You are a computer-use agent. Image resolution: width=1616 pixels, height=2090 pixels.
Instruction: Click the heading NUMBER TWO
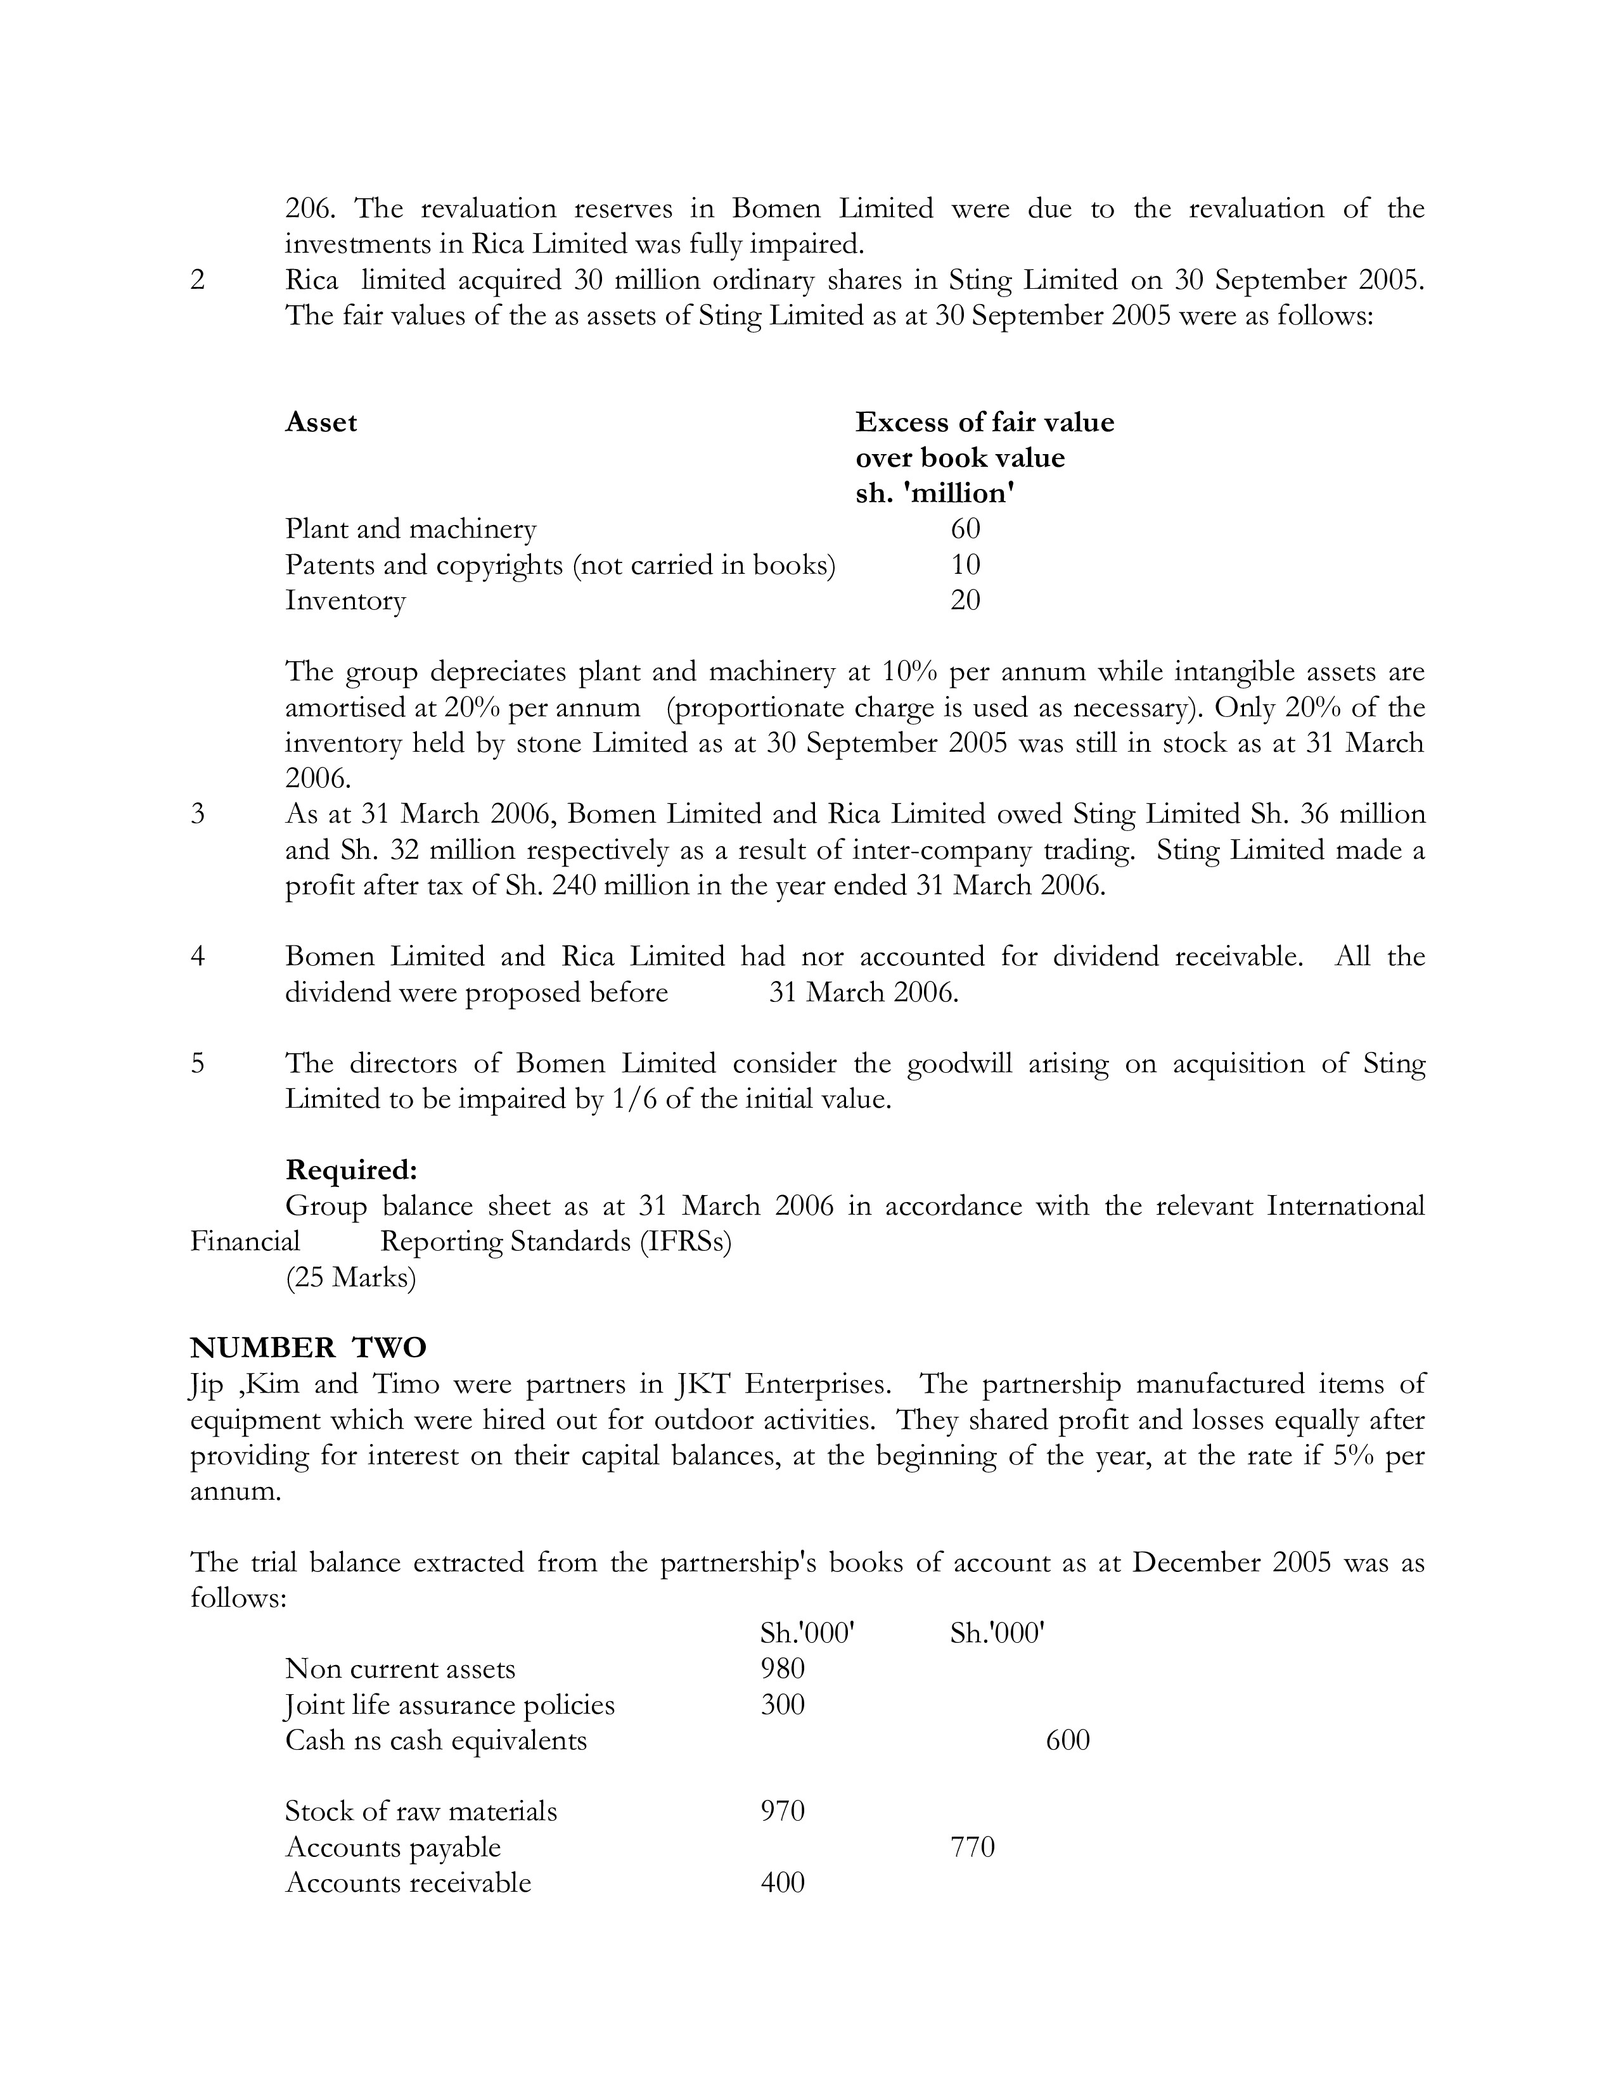click(308, 1347)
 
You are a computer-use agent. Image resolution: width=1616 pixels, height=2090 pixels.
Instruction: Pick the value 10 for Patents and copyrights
click(965, 564)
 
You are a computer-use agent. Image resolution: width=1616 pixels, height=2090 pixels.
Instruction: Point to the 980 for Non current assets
click(782, 1668)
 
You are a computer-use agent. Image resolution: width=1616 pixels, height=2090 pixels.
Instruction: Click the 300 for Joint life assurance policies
click(782, 1704)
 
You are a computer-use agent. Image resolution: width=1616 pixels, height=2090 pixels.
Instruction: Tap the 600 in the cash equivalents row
click(1067, 1740)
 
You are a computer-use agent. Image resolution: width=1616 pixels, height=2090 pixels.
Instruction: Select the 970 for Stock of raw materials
click(782, 1811)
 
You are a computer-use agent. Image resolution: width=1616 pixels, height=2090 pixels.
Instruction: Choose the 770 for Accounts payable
click(973, 1847)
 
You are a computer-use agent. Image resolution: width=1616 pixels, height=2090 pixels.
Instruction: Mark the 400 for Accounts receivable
click(782, 1882)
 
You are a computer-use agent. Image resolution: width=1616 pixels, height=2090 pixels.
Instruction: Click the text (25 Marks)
click(350, 1277)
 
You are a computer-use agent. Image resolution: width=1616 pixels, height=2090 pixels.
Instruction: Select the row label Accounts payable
click(392, 1847)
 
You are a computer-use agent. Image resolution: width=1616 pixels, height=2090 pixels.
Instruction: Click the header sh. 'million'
click(934, 494)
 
